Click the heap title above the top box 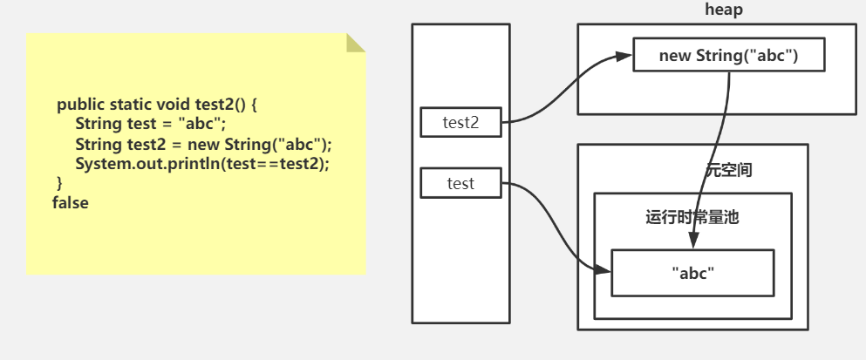click(723, 10)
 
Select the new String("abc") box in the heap click(728, 56)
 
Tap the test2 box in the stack click(460, 123)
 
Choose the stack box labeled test click(460, 183)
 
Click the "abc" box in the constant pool click(692, 273)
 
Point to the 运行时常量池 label click(692, 218)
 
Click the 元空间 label click(728, 170)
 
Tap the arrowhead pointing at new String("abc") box click(624, 57)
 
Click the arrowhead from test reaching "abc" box click(603, 272)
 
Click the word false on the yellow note click(71, 202)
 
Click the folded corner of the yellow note click(355, 42)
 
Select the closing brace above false click(59, 182)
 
